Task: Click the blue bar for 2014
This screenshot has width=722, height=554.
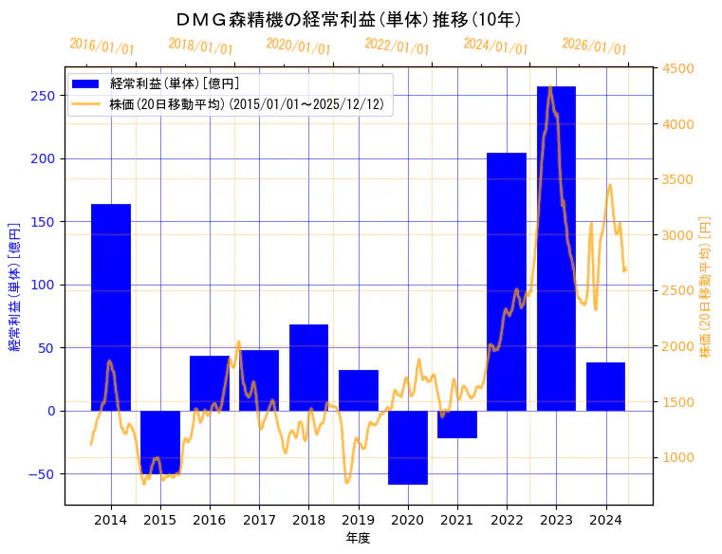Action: [x=111, y=307]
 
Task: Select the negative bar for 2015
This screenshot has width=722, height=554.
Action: [x=160, y=441]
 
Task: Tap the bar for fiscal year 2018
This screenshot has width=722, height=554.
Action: [x=308, y=367]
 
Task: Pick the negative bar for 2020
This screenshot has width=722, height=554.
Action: [x=408, y=447]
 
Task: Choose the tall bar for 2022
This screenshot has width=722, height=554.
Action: [x=507, y=282]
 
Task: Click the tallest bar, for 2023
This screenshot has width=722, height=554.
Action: [x=556, y=249]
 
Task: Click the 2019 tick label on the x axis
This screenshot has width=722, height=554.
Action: [x=358, y=520]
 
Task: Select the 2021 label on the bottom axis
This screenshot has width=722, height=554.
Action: [x=457, y=520]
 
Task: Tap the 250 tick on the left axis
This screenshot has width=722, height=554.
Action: [x=42, y=95]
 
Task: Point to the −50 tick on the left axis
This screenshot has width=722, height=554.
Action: [x=39, y=473]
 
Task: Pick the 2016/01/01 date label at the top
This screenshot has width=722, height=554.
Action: [x=102, y=46]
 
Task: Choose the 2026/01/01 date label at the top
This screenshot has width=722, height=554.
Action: [x=595, y=46]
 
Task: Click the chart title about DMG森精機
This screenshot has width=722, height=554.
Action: [x=348, y=19]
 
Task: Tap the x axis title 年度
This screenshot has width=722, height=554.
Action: [x=358, y=538]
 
